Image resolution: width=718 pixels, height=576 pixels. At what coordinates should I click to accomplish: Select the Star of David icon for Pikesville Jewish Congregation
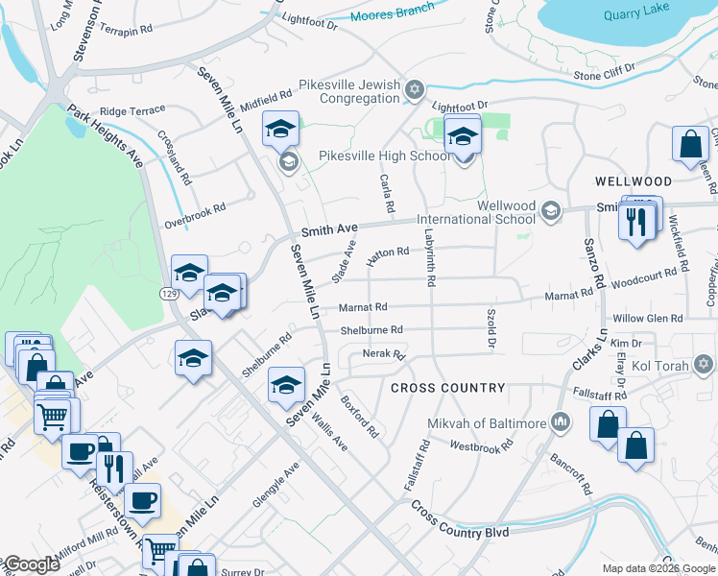pos(415,90)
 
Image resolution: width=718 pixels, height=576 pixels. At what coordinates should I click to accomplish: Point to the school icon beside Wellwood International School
pos(550,210)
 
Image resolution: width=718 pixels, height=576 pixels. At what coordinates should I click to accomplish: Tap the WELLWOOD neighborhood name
pos(633,181)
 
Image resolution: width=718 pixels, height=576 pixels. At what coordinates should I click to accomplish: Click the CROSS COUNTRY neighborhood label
pos(447,388)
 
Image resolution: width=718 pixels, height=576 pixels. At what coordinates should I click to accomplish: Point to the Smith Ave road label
pos(329,230)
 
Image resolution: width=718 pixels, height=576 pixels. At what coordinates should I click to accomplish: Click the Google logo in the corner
pos(31,564)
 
